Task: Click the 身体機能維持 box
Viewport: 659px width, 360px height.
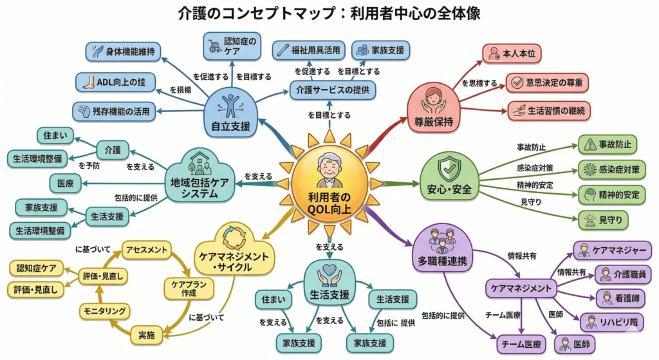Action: click(x=123, y=51)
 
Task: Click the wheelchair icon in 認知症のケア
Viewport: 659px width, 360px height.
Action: click(x=214, y=46)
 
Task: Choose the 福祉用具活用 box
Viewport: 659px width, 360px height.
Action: click(x=308, y=50)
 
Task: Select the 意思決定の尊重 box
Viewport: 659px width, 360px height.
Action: click(x=547, y=82)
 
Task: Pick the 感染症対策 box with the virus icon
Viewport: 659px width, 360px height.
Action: click(x=611, y=169)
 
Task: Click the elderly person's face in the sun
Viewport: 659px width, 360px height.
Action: click(x=330, y=169)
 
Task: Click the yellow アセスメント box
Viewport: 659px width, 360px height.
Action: click(x=147, y=249)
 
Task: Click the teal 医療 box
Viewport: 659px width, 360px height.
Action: click(x=65, y=184)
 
